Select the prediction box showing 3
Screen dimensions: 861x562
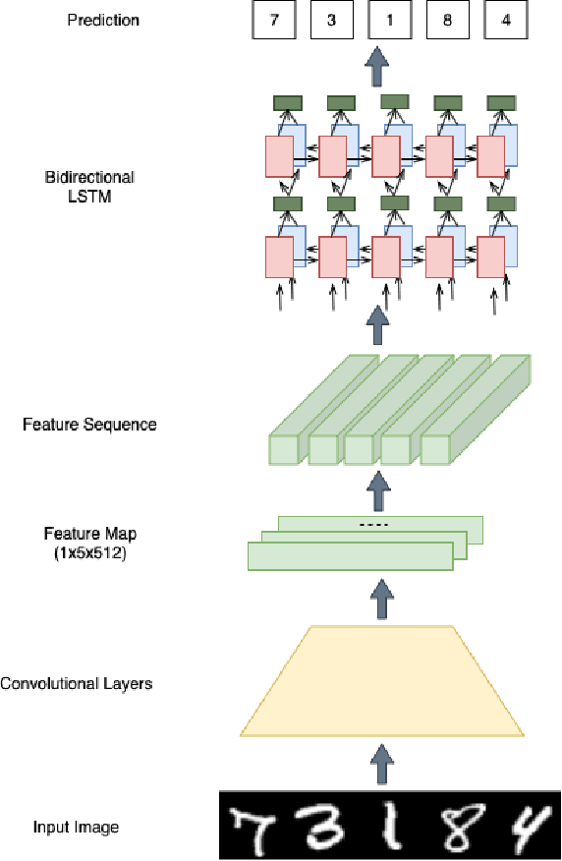click(332, 19)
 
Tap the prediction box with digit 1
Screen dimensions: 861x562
click(389, 19)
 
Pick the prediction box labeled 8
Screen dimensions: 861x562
click(447, 19)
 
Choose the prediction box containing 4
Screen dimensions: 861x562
click(505, 19)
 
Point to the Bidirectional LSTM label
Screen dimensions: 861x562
click(89, 186)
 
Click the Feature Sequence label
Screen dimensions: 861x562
click(89, 425)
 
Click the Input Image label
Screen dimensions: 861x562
click(76, 828)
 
